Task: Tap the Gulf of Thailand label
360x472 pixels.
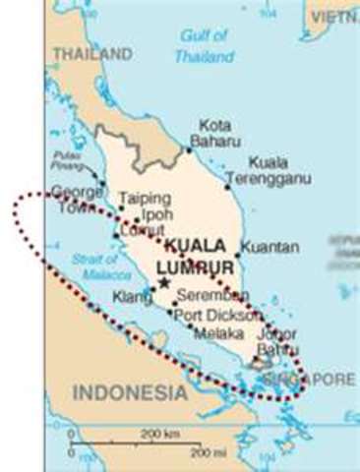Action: [204, 46]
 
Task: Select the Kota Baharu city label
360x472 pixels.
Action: [215, 134]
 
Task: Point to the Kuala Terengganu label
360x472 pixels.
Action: [253, 170]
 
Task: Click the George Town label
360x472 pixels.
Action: [77, 200]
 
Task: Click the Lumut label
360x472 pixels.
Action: [142, 231]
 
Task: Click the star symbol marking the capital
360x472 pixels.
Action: [164, 283]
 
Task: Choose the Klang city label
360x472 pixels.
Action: [133, 296]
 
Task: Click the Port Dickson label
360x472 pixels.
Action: [218, 316]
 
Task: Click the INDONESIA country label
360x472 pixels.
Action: [130, 392]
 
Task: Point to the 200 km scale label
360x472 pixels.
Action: [159, 433]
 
